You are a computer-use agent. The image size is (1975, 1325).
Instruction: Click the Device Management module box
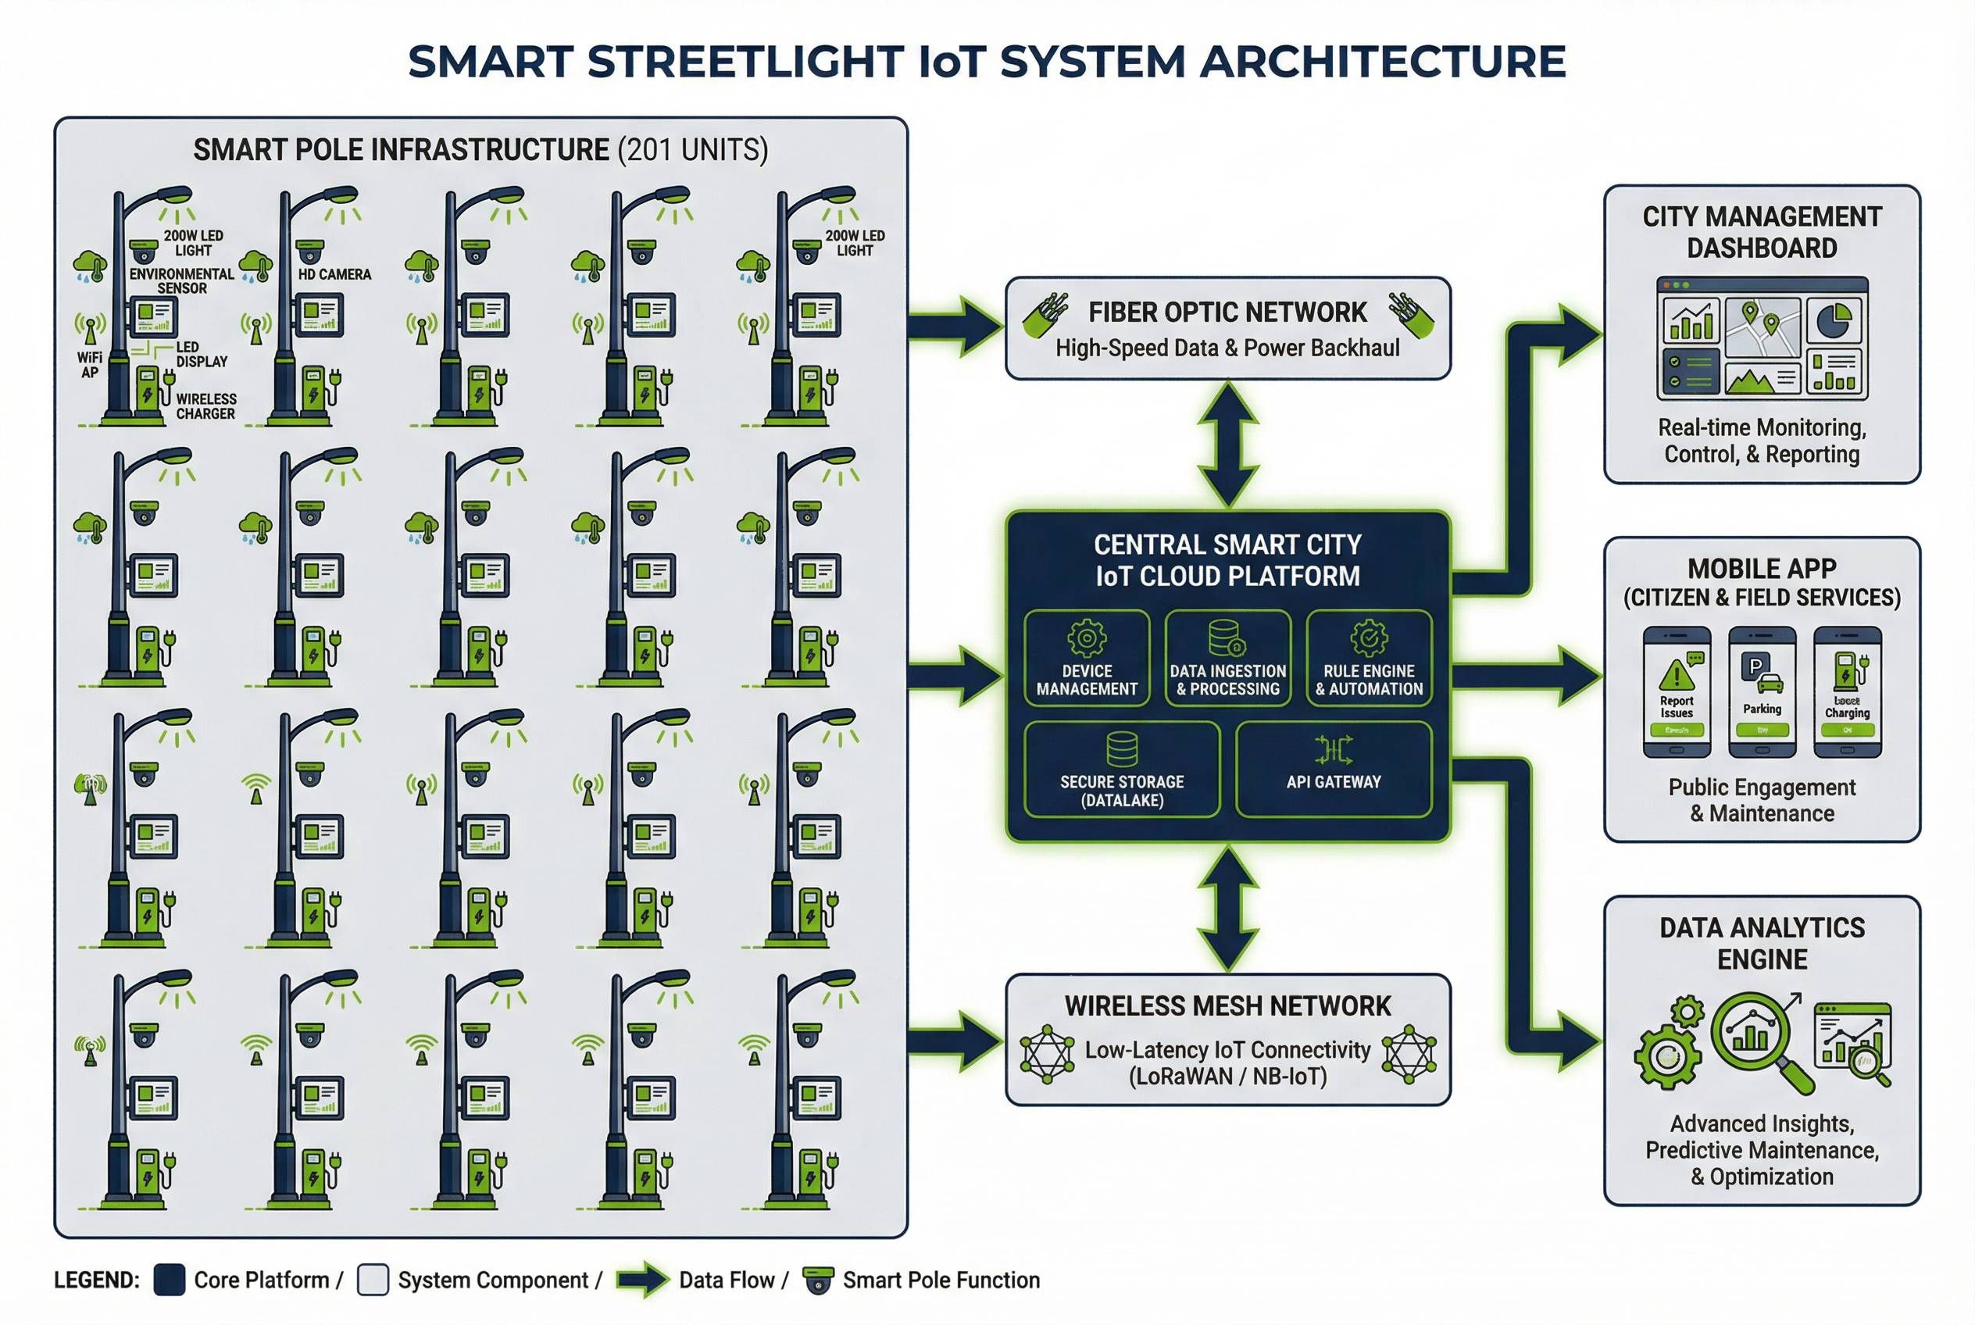[x=1086, y=658]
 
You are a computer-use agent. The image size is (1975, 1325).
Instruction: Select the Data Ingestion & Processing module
[x=1227, y=658]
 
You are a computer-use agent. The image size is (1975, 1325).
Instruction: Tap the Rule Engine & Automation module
[x=1368, y=658]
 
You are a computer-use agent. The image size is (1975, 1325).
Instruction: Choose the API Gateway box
[x=1333, y=769]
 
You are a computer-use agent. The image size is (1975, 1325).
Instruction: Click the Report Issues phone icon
[x=1676, y=691]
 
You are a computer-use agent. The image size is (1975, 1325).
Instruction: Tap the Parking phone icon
[x=1761, y=691]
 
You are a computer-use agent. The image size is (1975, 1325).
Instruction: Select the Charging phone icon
[x=1847, y=691]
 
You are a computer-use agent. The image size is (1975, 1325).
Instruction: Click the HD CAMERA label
[x=334, y=275]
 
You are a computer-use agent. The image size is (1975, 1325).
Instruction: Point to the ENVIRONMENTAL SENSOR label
[x=182, y=280]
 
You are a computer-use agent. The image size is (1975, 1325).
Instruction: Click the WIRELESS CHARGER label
[x=205, y=406]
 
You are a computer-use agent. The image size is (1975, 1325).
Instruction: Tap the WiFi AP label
[x=90, y=365]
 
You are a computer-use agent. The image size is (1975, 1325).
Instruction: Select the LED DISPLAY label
[x=201, y=354]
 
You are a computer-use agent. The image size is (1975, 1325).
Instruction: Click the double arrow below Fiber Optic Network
[x=1227, y=444]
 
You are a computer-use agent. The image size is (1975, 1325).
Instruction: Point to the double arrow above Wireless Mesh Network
[x=1227, y=909]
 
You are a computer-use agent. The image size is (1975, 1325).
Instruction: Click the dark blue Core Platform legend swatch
[x=169, y=1280]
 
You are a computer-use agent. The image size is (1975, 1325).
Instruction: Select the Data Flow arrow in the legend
[x=642, y=1280]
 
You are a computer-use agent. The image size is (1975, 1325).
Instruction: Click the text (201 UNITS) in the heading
[x=692, y=151]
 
